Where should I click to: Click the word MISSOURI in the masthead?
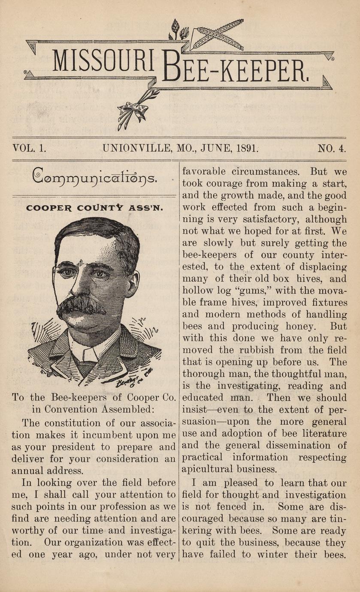coord(103,61)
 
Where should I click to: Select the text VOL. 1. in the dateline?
coord(30,149)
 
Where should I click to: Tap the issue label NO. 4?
coord(331,149)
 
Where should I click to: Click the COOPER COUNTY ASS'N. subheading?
coord(94,208)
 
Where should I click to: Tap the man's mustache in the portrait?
coord(82,305)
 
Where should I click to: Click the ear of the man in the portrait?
coord(133,283)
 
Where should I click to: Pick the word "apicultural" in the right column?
coord(207,468)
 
